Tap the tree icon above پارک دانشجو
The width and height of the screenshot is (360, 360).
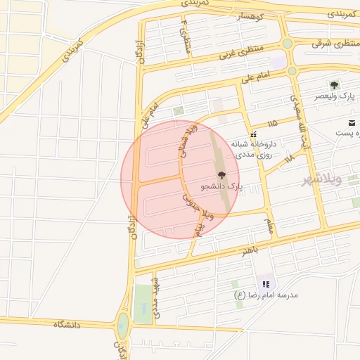(221, 175)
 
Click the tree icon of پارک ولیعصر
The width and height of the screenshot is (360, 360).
(344, 84)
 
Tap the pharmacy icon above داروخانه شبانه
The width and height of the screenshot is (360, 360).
(253, 133)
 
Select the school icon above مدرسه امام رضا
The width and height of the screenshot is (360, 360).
(266, 284)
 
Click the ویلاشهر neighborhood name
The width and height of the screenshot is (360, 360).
(321, 178)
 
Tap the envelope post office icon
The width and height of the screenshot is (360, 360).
(351, 123)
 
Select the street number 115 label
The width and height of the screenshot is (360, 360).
(273, 124)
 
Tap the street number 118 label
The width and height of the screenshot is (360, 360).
(290, 160)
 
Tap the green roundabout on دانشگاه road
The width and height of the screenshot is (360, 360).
(123, 325)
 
